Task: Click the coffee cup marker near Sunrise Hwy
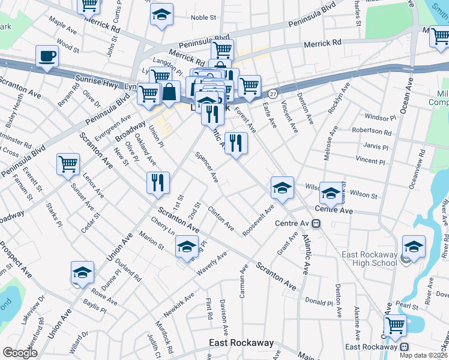coord(47,57)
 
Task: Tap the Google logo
coord(20,353)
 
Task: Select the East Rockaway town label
coord(241,343)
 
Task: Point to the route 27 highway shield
coord(273,94)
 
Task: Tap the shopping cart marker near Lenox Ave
coord(68,164)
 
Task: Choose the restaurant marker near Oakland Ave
coord(158,182)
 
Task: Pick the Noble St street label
coord(203,17)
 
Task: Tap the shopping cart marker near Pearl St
coord(395,325)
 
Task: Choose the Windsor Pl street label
coord(377,118)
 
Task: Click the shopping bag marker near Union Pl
coord(170,92)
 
